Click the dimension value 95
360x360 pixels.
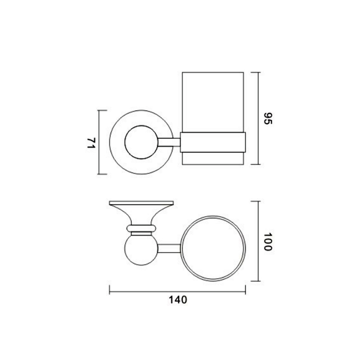click(268, 118)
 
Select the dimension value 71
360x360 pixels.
click(91, 143)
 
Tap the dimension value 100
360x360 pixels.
click(268, 242)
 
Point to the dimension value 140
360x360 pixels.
click(178, 300)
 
